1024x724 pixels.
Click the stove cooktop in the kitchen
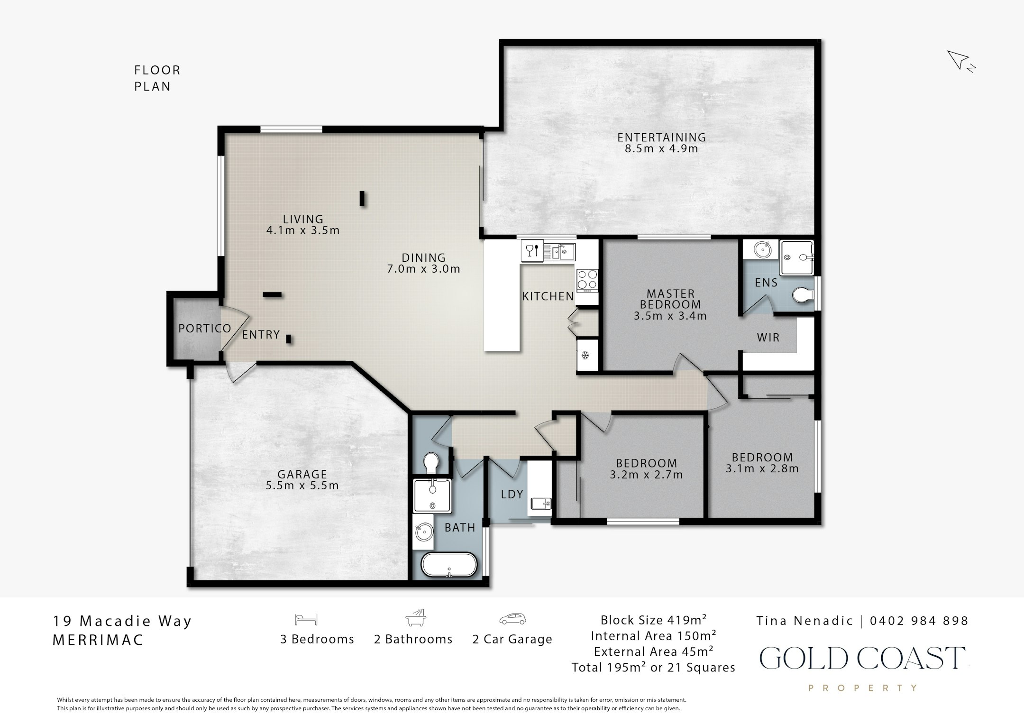pyautogui.click(x=587, y=280)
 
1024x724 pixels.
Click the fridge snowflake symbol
pyautogui.click(x=585, y=355)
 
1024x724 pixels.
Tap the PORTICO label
pyautogui.click(x=204, y=328)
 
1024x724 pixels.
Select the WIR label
pyautogui.click(x=768, y=338)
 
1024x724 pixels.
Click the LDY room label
pyautogui.click(x=512, y=494)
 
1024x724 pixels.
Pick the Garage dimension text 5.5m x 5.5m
pyautogui.click(x=302, y=486)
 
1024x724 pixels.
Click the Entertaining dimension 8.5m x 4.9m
pyautogui.click(x=661, y=148)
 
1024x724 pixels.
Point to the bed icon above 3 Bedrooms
pyautogui.click(x=306, y=619)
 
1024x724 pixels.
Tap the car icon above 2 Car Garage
pyautogui.click(x=512, y=619)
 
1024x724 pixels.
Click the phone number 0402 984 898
pyautogui.click(x=919, y=621)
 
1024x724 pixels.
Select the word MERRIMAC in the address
pyautogui.click(x=98, y=640)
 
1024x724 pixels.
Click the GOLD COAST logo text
pyautogui.click(x=863, y=658)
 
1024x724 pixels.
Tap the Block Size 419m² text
pyautogui.click(x=653, y=620)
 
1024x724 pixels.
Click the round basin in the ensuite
pyautogui.click(x=762, y=249)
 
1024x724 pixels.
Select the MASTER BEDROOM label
pyautogui.click(x=670, y=299)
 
